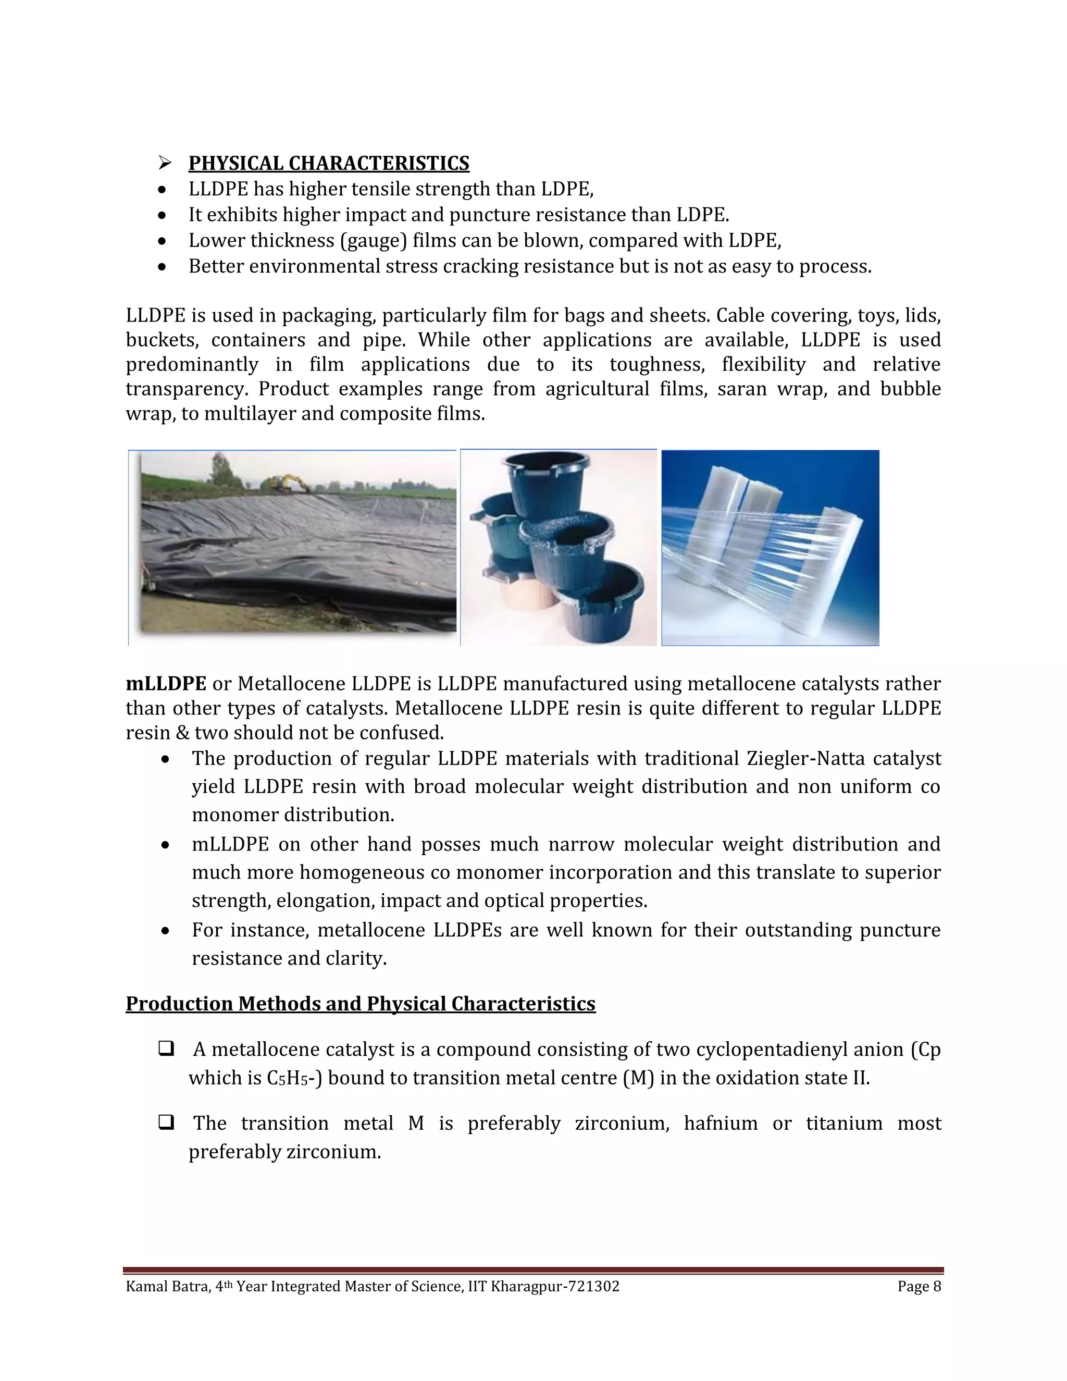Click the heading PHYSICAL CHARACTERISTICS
coord(329,163)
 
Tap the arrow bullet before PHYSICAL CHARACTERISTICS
coord(165,163)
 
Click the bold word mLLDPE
coord(166,684)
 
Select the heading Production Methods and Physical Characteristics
coord(361,1004)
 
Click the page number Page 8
coord(919,1286)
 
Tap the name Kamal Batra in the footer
coord(168,1286)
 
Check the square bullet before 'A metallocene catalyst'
coord(166,1049)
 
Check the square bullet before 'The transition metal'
coord(166,1123)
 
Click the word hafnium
coord(721,1123)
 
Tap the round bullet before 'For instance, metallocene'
coord(165,931)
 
